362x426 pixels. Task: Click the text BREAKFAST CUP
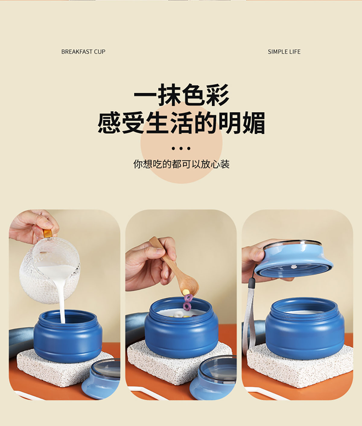(x=83, y=52)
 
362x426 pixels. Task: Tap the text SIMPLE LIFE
(x=284, y=52)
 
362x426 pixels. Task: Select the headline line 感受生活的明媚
(x=181, y=123)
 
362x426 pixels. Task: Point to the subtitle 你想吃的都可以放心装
(x=181, y=164)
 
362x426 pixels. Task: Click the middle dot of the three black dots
(x=181, y=148)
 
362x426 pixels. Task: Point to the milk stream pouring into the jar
(x=62, y=301)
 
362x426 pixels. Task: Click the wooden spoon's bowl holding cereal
(x=189, y=285)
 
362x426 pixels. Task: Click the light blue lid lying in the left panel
(x=102, y=379)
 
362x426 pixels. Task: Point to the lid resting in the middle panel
(x=213, y=378)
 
